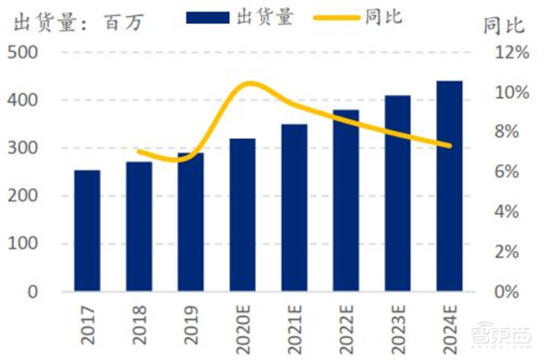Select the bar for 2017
(x=87, y=231)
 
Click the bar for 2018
(x=139, y=227)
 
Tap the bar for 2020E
(x=243, y=215)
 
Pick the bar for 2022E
(x=346, y=201)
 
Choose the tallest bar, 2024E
(x=449, y=186)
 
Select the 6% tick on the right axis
(x=506, y=172)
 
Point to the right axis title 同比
(x=504, y=26)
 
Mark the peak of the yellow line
(x=251, y=84)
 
